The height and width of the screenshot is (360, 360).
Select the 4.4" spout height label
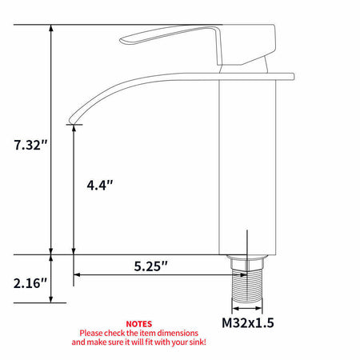coord(100,185)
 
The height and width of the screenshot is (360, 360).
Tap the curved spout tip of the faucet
coord(74,119)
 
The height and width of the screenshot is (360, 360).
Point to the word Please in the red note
coord(92,332)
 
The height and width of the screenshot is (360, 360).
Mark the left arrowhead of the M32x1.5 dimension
coord(234,307)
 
